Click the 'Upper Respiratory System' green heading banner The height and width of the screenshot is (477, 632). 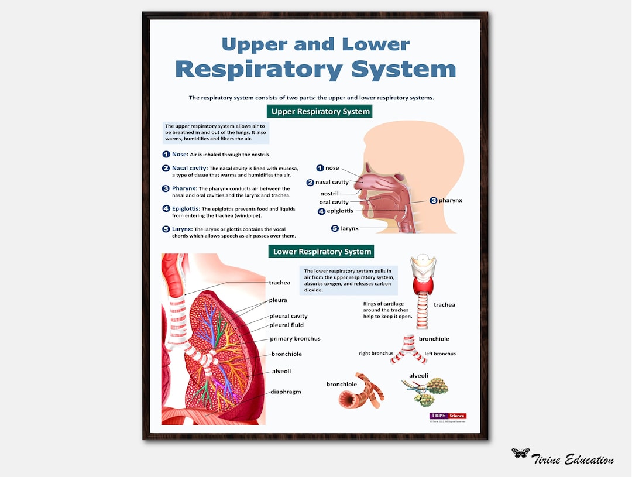tap(320, 111)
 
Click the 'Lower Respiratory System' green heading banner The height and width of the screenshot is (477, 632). tap(321, 252)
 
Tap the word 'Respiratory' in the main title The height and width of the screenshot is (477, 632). tap(259, 69)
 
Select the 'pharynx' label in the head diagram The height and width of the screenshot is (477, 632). tap(450, 200)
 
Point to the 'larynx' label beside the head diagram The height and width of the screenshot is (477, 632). tap(349, 228)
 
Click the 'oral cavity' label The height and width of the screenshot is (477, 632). tap(334, 202)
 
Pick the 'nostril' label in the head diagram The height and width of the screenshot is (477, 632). tap(329, 193)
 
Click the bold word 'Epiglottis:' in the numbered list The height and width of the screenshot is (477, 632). tap(186, 208)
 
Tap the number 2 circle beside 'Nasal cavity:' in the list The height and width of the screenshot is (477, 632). tap(166, 168)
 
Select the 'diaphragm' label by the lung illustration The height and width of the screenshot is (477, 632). tap(286, 392)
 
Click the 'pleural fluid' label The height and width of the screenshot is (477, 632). tap(286, 325)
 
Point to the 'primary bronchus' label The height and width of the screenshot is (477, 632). tap(295, 338)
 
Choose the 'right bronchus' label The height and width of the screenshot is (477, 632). tap(376, 354)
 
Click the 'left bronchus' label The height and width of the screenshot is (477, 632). tap(440, 354)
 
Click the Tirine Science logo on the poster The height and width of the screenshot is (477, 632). tap(448, 416)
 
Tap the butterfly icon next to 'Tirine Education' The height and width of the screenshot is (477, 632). tap(520, 453)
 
